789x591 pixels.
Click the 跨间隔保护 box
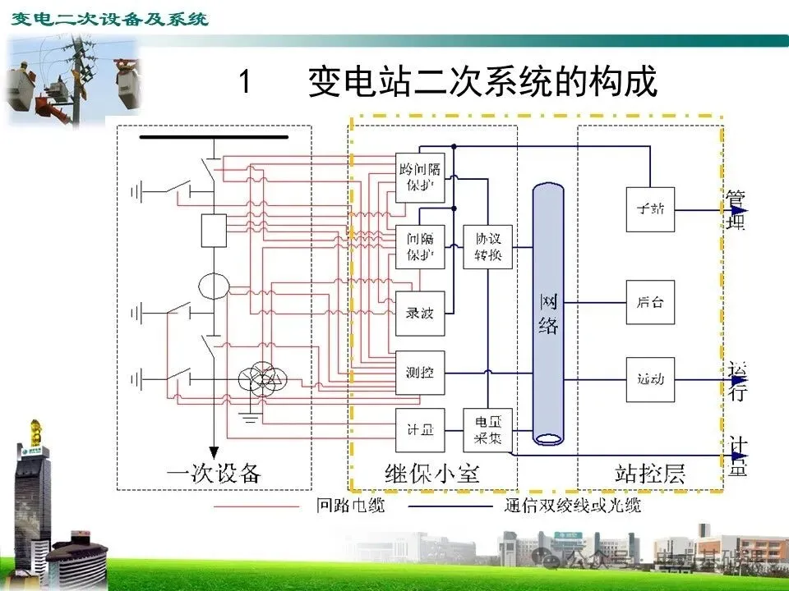pos(420,177)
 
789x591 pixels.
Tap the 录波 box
pos(420,313)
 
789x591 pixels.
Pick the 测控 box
pos(420,373)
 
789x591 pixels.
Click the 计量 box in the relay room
pos(420,430)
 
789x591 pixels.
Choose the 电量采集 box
pos(487,430)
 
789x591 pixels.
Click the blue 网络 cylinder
pos(548,314)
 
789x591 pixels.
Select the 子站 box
pos(650,208)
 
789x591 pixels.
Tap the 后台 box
pos(650,302)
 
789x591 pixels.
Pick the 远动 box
pos(650,380)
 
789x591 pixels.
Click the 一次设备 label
pos(214,474)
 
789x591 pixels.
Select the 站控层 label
pos(650,474)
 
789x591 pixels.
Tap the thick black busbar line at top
pos(214,137)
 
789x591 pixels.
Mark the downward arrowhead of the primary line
pos(214,452)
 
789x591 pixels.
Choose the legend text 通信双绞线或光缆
pos(572,506)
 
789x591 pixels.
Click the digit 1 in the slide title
pos(244,82)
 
